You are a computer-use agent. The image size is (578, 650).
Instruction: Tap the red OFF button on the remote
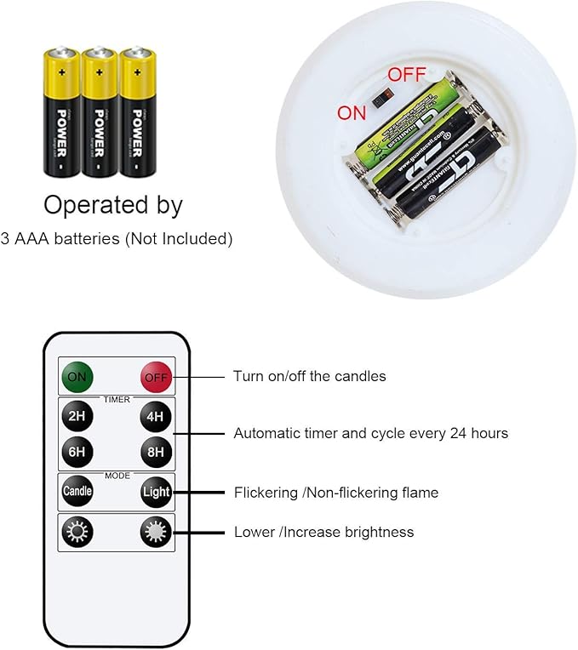point(156,377)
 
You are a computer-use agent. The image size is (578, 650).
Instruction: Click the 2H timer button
point(76,416)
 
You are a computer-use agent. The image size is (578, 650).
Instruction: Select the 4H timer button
point(156,416)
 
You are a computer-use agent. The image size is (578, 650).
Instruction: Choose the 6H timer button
point(76,451)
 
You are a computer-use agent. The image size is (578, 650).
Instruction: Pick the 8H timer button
point(156,451)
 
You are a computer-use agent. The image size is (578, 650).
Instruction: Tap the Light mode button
point(156,492)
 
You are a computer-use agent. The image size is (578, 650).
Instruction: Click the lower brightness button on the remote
point(76,533)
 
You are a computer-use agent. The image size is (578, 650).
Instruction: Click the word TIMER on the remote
point(117,399)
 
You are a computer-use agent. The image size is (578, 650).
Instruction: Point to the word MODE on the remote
point(117,476)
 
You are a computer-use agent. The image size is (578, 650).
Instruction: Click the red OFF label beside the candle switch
point(407,74)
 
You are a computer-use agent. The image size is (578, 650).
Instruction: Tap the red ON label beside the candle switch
point(352,112)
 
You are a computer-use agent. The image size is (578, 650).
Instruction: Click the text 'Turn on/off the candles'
point(309,376)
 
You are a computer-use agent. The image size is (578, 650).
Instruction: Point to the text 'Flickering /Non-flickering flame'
point(336,492)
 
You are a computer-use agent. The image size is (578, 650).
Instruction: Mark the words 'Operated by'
point(113,205)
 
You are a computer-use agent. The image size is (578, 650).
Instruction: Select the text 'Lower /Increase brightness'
point(323,533)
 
